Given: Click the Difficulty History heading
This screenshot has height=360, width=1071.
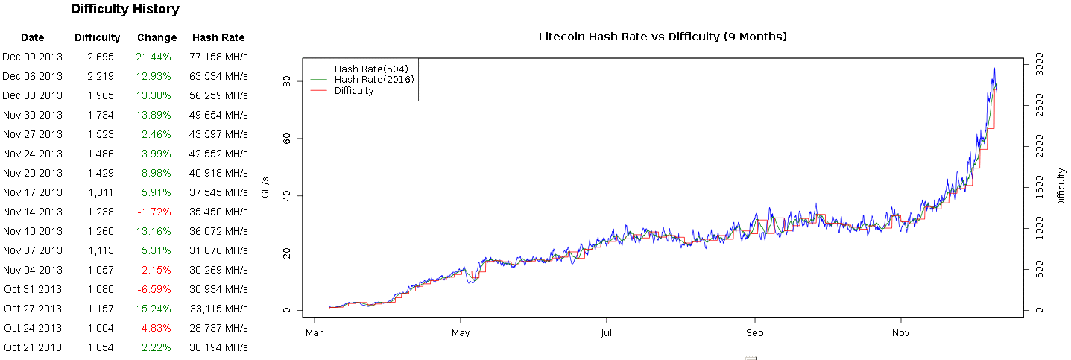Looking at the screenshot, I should point(124,10).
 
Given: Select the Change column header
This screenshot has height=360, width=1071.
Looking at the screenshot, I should point(157,37).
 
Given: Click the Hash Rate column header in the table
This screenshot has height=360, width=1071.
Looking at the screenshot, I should point(218,37).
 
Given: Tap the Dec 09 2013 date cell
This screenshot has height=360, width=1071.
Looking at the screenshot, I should point(33,57).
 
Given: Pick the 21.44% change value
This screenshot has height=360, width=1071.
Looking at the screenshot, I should point(154,57).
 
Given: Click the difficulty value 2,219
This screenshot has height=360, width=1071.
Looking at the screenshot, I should point(100,76).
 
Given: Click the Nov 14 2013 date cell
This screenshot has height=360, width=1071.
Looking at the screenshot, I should point(33,212).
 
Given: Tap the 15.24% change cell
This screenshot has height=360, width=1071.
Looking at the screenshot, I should point(154,309).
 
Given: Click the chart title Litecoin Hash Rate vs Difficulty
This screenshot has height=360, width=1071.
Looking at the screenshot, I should point(663,36).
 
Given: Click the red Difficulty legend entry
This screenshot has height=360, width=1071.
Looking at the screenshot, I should point(354,91).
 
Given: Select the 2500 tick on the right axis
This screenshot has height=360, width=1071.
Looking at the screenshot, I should point(1042,107).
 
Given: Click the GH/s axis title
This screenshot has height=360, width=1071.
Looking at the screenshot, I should point(264,187).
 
